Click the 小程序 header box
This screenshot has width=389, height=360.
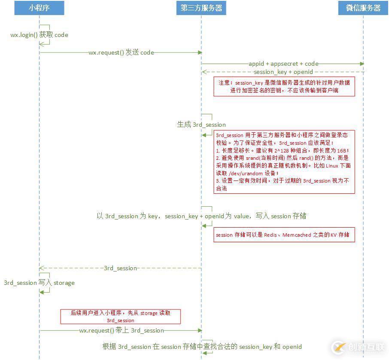(x=39, y=8)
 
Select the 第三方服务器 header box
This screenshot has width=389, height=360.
(x=201, y=8)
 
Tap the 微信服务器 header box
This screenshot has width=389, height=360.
(x=363, y=8)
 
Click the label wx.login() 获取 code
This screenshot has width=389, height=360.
(x=39, y=35)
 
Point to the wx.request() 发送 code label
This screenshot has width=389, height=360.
(x=122, y=53)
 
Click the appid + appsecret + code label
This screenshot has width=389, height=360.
(x=283, y=64)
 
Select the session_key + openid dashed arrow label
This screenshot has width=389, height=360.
(x=283, y=72)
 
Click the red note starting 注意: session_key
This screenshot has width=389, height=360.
(x=284, y=86)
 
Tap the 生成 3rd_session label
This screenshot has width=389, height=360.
(x=201, y=125)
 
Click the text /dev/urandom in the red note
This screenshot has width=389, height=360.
(x=246, y=173)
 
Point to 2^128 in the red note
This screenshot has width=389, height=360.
(x=282, y=151)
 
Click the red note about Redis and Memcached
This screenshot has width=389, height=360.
(x=284, y=235)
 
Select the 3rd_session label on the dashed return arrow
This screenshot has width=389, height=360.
(x=120, y=268)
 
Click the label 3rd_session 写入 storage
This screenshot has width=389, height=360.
(x=39, y=283)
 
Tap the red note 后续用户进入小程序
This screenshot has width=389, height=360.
(x=121, y=317)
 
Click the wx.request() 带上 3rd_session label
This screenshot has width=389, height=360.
(x=122, y=330)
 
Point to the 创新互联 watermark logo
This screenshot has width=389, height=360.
(x=359, y=347)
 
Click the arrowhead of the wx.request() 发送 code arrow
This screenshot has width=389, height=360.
(x=200, y=53)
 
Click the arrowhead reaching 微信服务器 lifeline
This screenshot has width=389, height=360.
(x=362, y=64)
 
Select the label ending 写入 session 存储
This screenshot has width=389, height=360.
(x=201, y=216)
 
